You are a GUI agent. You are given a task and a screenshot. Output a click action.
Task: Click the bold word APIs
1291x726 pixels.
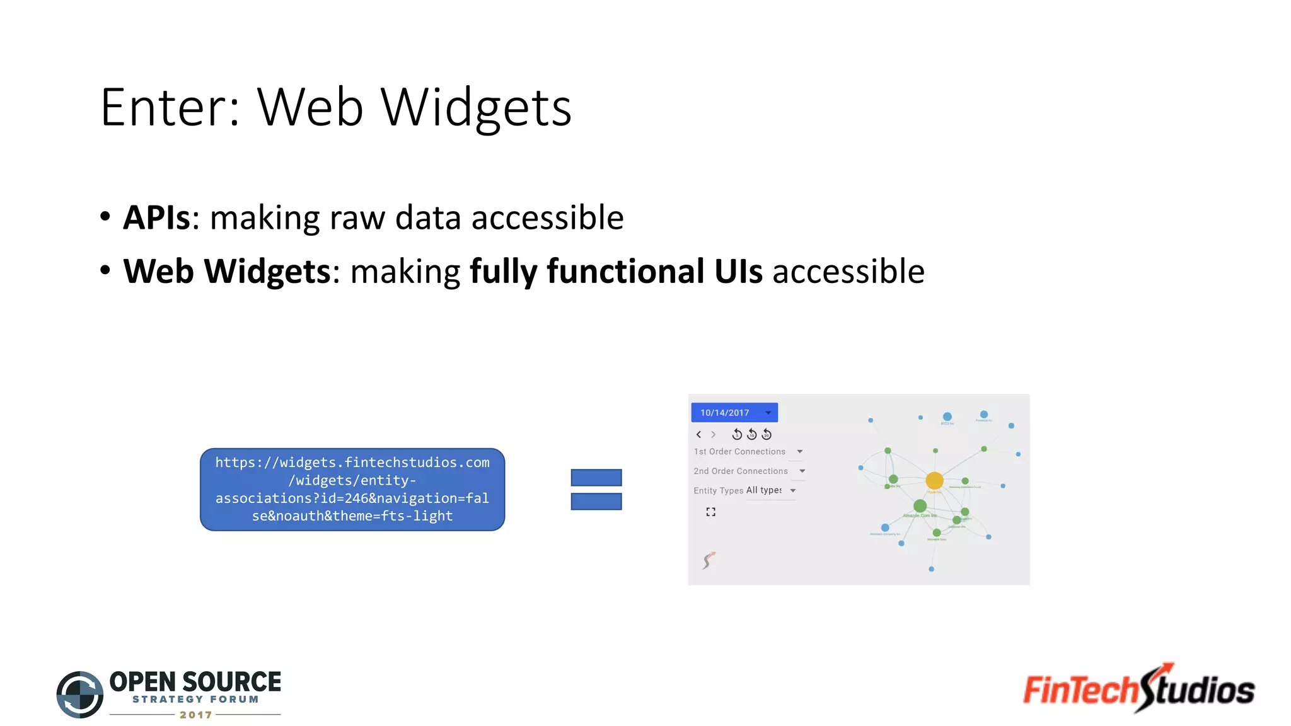156,218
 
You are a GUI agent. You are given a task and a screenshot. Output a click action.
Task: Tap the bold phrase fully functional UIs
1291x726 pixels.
616,272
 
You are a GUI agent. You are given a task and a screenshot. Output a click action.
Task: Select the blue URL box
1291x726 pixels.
352,489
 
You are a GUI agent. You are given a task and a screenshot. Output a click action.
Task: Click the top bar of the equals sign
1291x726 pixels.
596,478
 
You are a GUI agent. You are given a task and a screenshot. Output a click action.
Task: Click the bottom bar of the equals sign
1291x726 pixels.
596,502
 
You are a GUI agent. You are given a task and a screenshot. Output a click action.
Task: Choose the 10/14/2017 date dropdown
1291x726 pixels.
734,412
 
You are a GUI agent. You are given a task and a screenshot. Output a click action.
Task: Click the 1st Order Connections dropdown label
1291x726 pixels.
739,452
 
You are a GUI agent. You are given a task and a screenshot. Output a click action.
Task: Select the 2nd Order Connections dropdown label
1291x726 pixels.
741,471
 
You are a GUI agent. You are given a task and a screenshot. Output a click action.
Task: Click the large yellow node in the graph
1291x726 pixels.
934,481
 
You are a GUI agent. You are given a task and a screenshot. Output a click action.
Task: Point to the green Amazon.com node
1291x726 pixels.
920,505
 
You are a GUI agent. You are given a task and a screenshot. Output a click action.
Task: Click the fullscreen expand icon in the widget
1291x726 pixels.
710,512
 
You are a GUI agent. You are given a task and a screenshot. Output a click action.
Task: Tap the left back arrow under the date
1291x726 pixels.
698,434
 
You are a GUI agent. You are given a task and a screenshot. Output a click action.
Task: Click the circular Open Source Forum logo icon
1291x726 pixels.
80,694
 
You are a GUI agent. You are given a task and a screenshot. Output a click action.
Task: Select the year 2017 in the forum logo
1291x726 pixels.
195,715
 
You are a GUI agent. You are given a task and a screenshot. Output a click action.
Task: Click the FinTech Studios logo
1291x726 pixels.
1138,689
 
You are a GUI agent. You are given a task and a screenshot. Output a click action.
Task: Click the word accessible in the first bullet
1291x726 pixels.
547,218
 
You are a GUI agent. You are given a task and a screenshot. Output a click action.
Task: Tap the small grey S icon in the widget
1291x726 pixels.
709,560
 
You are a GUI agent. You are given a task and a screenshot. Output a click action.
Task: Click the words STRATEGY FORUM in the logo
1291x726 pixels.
195,699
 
